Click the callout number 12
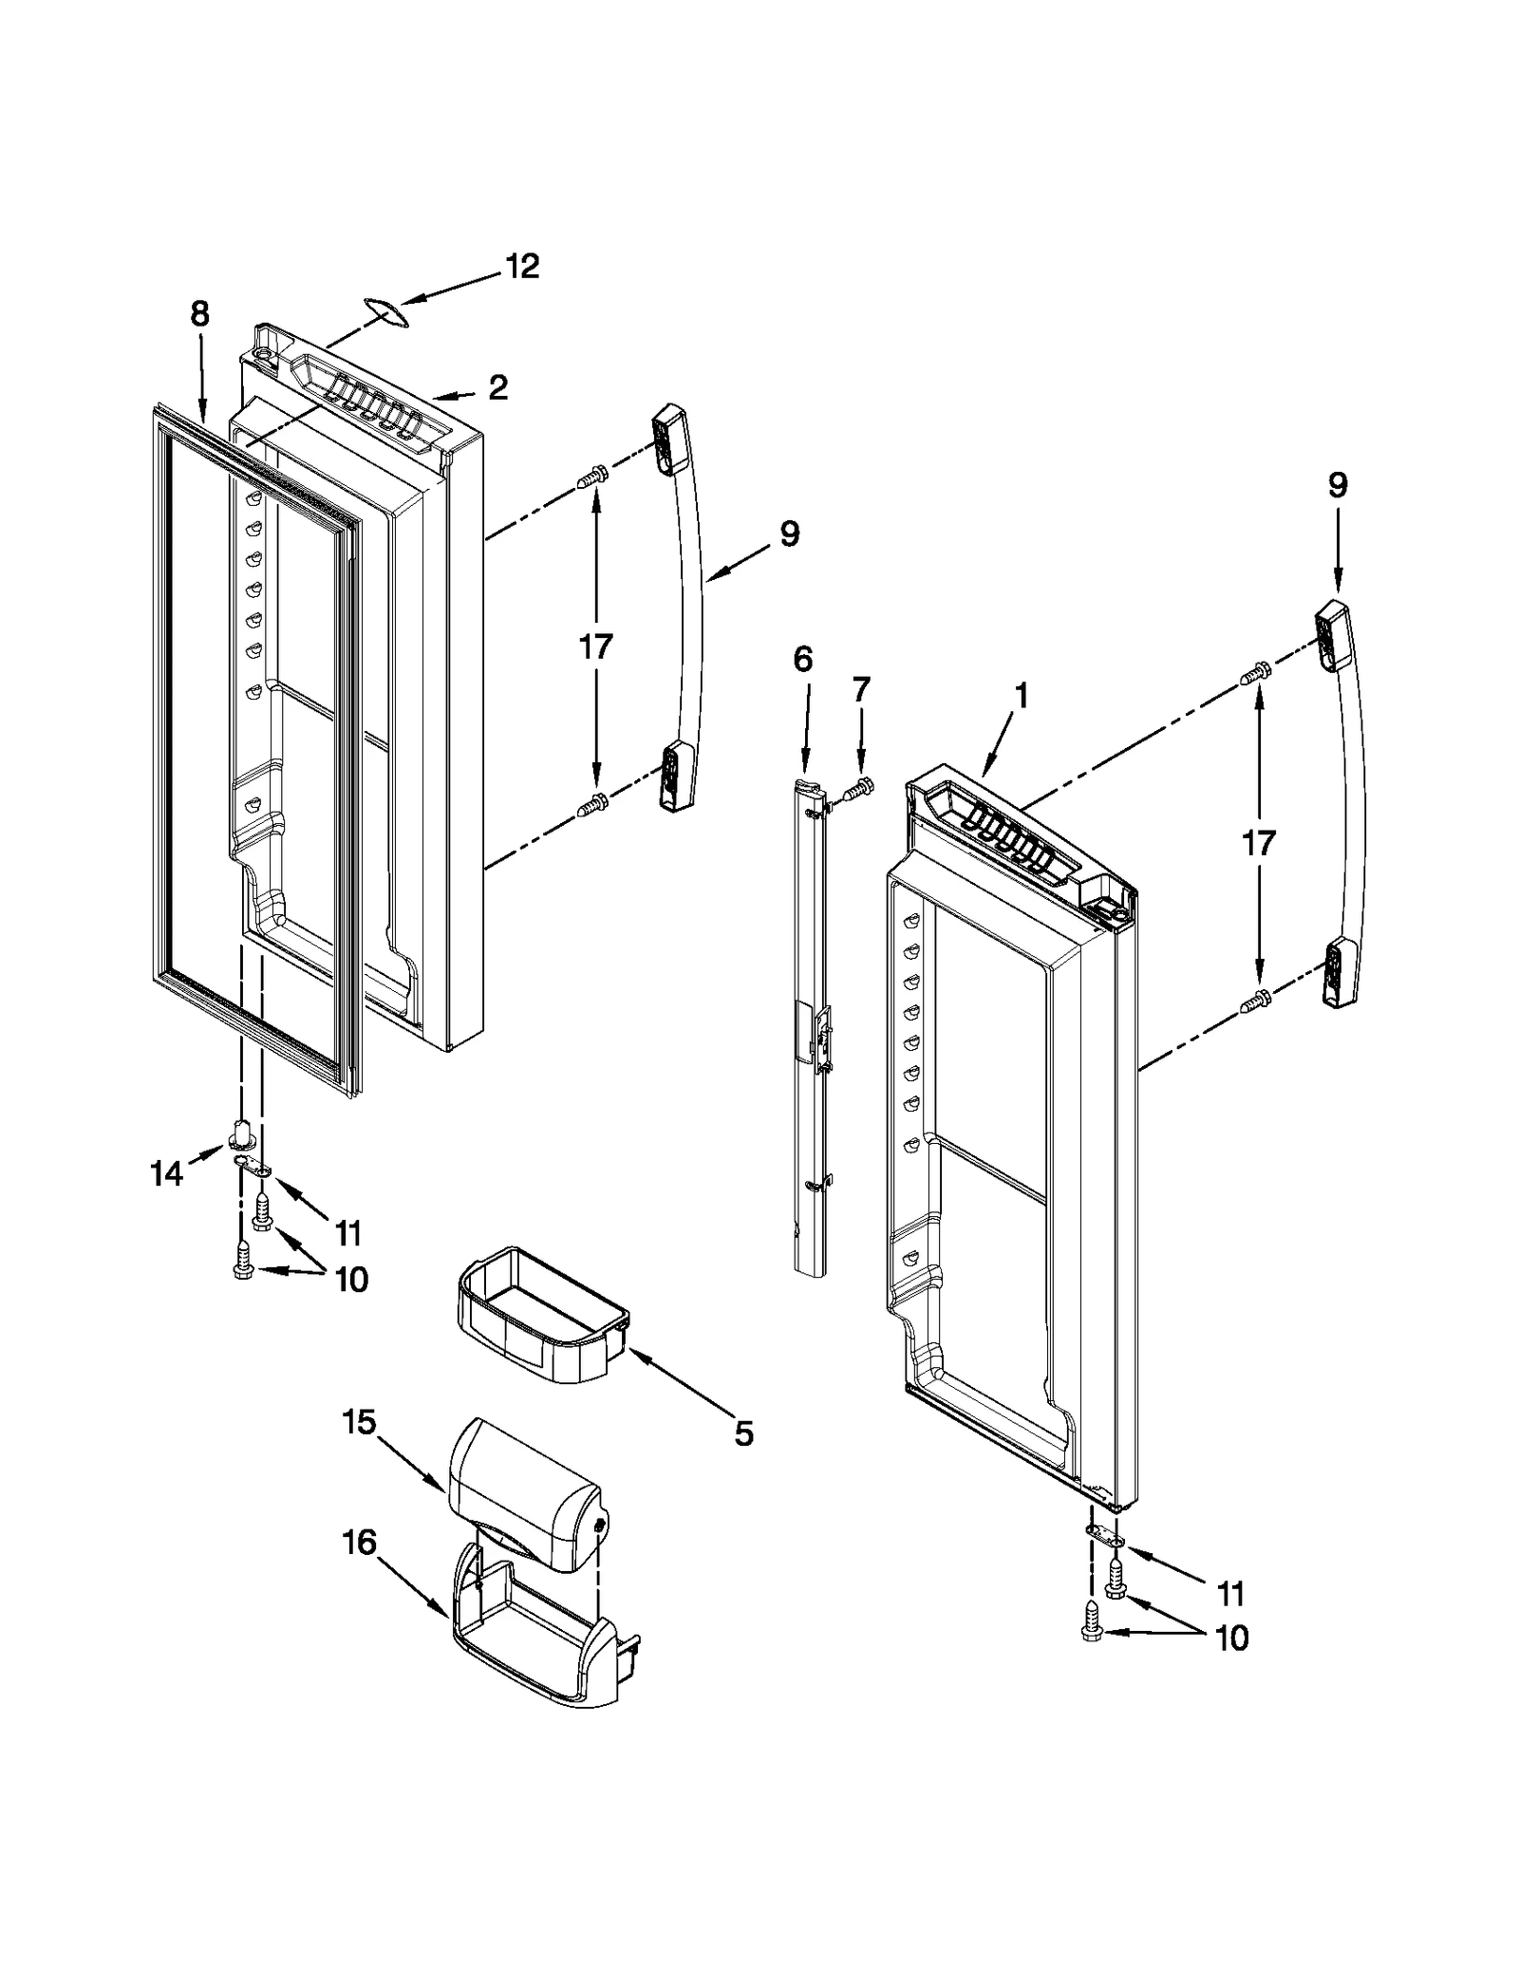click(x=521, y=266)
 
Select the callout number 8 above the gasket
click(x=199, y=314)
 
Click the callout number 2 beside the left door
click(x=497, y=387)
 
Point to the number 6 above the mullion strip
click(x=803, y=659)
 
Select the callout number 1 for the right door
click(x=1021, y=697)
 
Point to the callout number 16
click(x=359, y=1544)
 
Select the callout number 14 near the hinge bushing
click(x=166, y=1174)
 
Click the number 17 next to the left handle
click(x=595, y=647)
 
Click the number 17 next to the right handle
click(x=1259, y=843)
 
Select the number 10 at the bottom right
click(x=1231, y=1638)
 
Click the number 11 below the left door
click(x=347, y=1233)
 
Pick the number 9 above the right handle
click(x=1337, y=486)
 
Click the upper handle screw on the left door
click(x=591, y=481)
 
